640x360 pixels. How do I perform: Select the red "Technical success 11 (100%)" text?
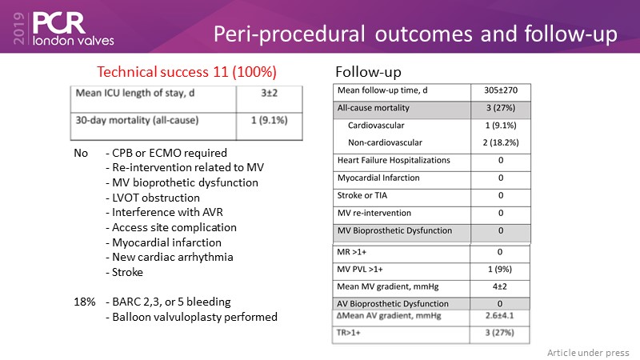pyautogui.click(x=186, y=71)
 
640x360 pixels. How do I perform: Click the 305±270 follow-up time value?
pyautogui.click(x=499, y=91)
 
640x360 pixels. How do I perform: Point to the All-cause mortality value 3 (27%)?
pyautogui.click(x=499, y=109)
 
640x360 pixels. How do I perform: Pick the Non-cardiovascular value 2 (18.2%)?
pyautogui.click(x=499, y=142)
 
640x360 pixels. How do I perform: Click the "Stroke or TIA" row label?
pyautogui.click(x=363, y=195)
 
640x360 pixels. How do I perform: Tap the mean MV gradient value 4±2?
pyautogui.click(x=499, y=286)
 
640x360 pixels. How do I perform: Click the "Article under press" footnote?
pyautogui.click(x=588, y=353)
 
